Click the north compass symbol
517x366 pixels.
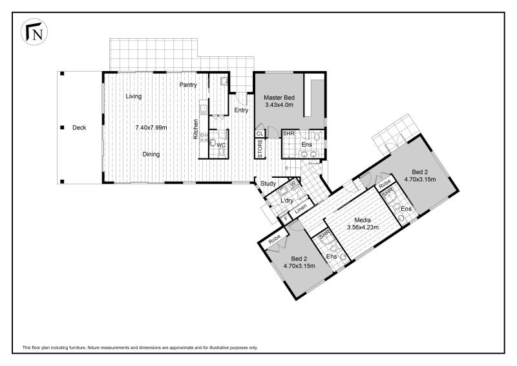coord(34,32)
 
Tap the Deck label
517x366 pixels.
coord(79,128)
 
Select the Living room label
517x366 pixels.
coord(134,96)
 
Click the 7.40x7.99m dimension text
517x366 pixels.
coord(151,128)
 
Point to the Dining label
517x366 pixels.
coord(151,155)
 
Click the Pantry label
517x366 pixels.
coord(188,85)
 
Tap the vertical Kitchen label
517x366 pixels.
coord(196,129)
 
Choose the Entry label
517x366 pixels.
coord(241,110)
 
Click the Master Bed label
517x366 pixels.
coord(279,98)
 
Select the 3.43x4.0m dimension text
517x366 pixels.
coord(279,105)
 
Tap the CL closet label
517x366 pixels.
coord(260,134)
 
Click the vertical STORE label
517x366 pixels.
coord(260,148)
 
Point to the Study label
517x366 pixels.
coord(268,184)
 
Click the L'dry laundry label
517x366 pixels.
coord(287,200)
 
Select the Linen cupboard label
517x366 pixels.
coord(301,208)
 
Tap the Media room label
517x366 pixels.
coord(363,220)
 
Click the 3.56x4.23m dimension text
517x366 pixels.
coord(363,228)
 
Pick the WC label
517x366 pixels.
coord(221,145)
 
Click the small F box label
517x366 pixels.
coord(286,218)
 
